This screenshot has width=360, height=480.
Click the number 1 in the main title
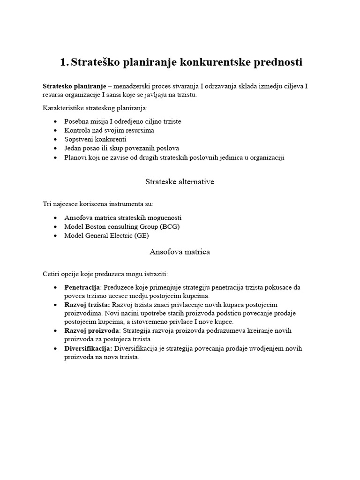point(64,62)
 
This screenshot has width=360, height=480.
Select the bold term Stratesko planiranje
point(74,86)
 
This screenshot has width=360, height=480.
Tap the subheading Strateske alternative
point(180,182)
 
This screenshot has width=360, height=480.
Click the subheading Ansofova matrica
point(180,252)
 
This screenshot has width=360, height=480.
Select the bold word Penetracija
point(82,287)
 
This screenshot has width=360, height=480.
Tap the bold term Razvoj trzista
point(87,305)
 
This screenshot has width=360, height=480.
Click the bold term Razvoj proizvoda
point(91,330)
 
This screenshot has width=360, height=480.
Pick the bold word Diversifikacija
point(88,348)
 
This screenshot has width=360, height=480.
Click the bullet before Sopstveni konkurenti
point(55,140)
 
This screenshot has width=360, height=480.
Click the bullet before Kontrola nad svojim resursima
point(55,131)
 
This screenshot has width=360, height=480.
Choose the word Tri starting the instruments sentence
point(47,204)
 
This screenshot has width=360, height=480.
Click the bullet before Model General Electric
point(55,236)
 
